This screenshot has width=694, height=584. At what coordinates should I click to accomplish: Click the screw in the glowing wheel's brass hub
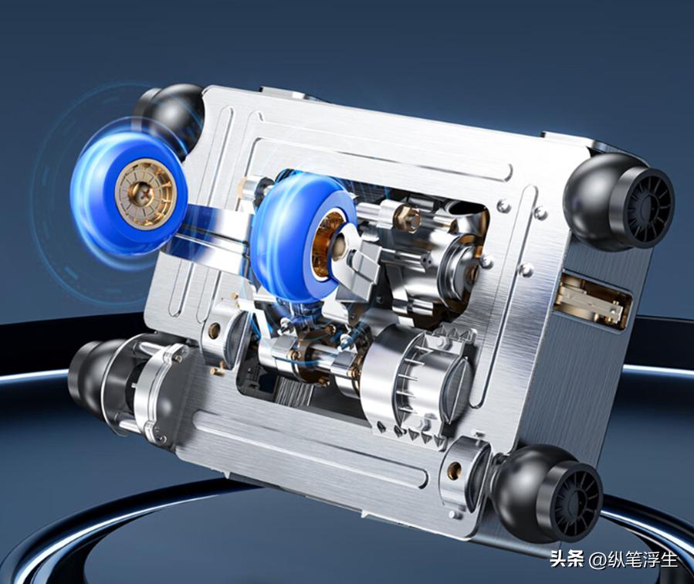pos(145,192)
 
